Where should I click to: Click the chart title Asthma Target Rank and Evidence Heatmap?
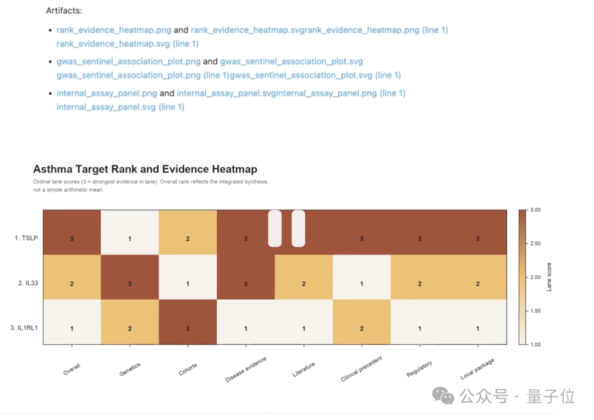pyautogui.click(x=145, y=169)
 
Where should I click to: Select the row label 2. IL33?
pyautogui.click(x=28, y=283)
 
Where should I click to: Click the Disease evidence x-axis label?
pyautogui.click(x=246, y=369)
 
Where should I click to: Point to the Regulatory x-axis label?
pyautogui.click(x=419, y=369)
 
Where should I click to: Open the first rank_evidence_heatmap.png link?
pyautogui.click(x=114, y=30)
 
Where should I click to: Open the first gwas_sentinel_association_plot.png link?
pyautogui.click(x=129, y=62)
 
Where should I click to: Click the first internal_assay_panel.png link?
pyautogui.click(x=107, y=93)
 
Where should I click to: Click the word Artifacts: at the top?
pyautogui.click(x=64, y=10)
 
